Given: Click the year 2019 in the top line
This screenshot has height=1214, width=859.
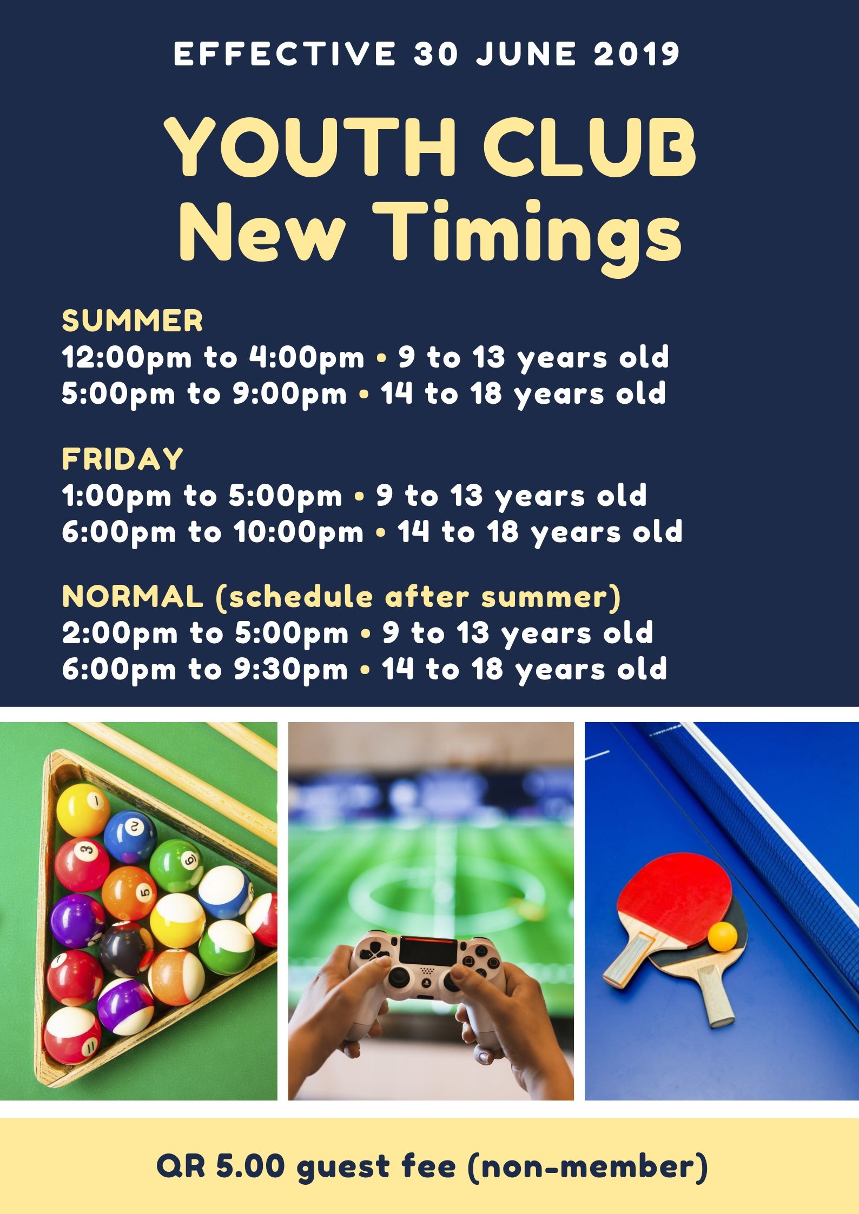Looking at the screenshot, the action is click(x=637, y=54).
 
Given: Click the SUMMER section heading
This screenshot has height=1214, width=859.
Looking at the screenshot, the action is click(x=133, y=321).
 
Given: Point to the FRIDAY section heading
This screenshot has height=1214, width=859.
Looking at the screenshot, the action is click(x=123, y=459).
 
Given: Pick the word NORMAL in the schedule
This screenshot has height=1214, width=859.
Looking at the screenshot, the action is click(x=133, y=597).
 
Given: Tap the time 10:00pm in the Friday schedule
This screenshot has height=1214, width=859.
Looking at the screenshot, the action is click(x=299, y=533).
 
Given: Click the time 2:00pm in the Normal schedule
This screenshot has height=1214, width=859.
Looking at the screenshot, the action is click(x=120, y=634).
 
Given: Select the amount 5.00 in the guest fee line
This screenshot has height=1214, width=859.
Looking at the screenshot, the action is click(x=250, y=1166).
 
